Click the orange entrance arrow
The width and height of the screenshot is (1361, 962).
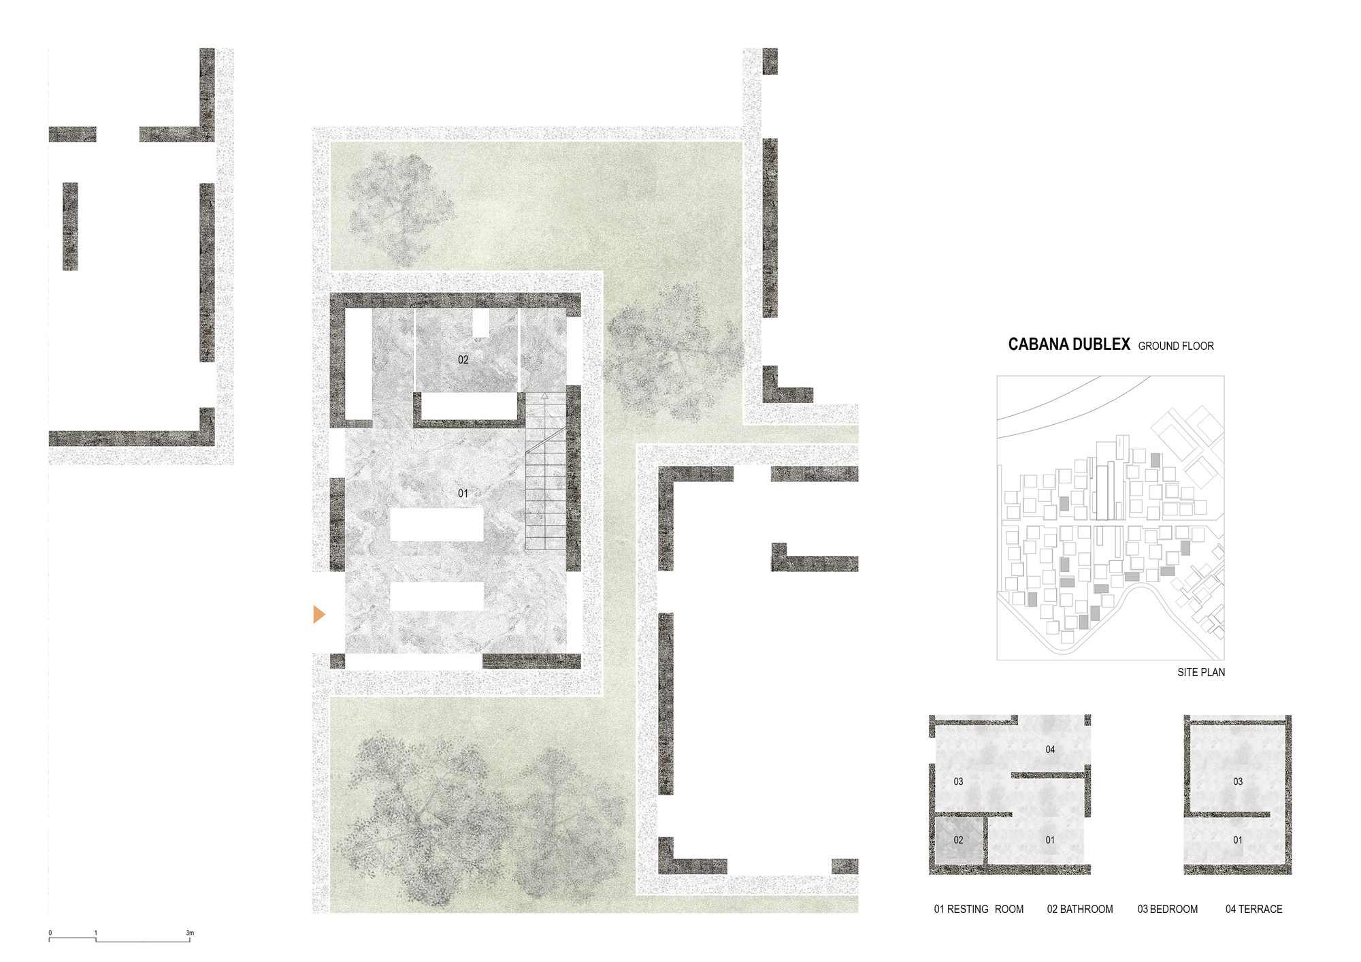coord(318,614)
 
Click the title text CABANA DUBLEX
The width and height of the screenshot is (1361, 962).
coord(1068,344)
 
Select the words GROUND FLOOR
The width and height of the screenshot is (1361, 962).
coord(1175,346)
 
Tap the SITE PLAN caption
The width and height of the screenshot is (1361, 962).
coord(1201,672)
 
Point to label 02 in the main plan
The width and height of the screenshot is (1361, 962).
coord(463,359)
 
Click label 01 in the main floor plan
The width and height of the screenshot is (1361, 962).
coord(463,493)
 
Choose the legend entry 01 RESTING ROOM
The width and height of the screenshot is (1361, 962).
coord(978,909)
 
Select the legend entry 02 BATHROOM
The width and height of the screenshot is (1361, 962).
coord(1079,909)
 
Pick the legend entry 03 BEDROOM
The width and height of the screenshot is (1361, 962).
coord(1167,909)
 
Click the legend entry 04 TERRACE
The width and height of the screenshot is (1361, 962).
coord(1253,909)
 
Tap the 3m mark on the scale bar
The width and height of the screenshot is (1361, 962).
coord(190,933)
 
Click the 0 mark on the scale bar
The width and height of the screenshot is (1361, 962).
coord(50,933)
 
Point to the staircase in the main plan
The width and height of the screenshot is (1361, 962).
coord(546,477)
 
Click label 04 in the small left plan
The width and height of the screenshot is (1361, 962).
coord(1050,749)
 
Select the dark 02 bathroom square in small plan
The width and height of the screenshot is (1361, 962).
coord(958,840)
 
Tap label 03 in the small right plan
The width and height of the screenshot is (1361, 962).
coord(1238,782)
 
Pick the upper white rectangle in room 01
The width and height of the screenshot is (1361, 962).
coord(436,524)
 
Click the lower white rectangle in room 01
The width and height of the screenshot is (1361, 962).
coord(436,596)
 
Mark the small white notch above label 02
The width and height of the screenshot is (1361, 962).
coord(481,323)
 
